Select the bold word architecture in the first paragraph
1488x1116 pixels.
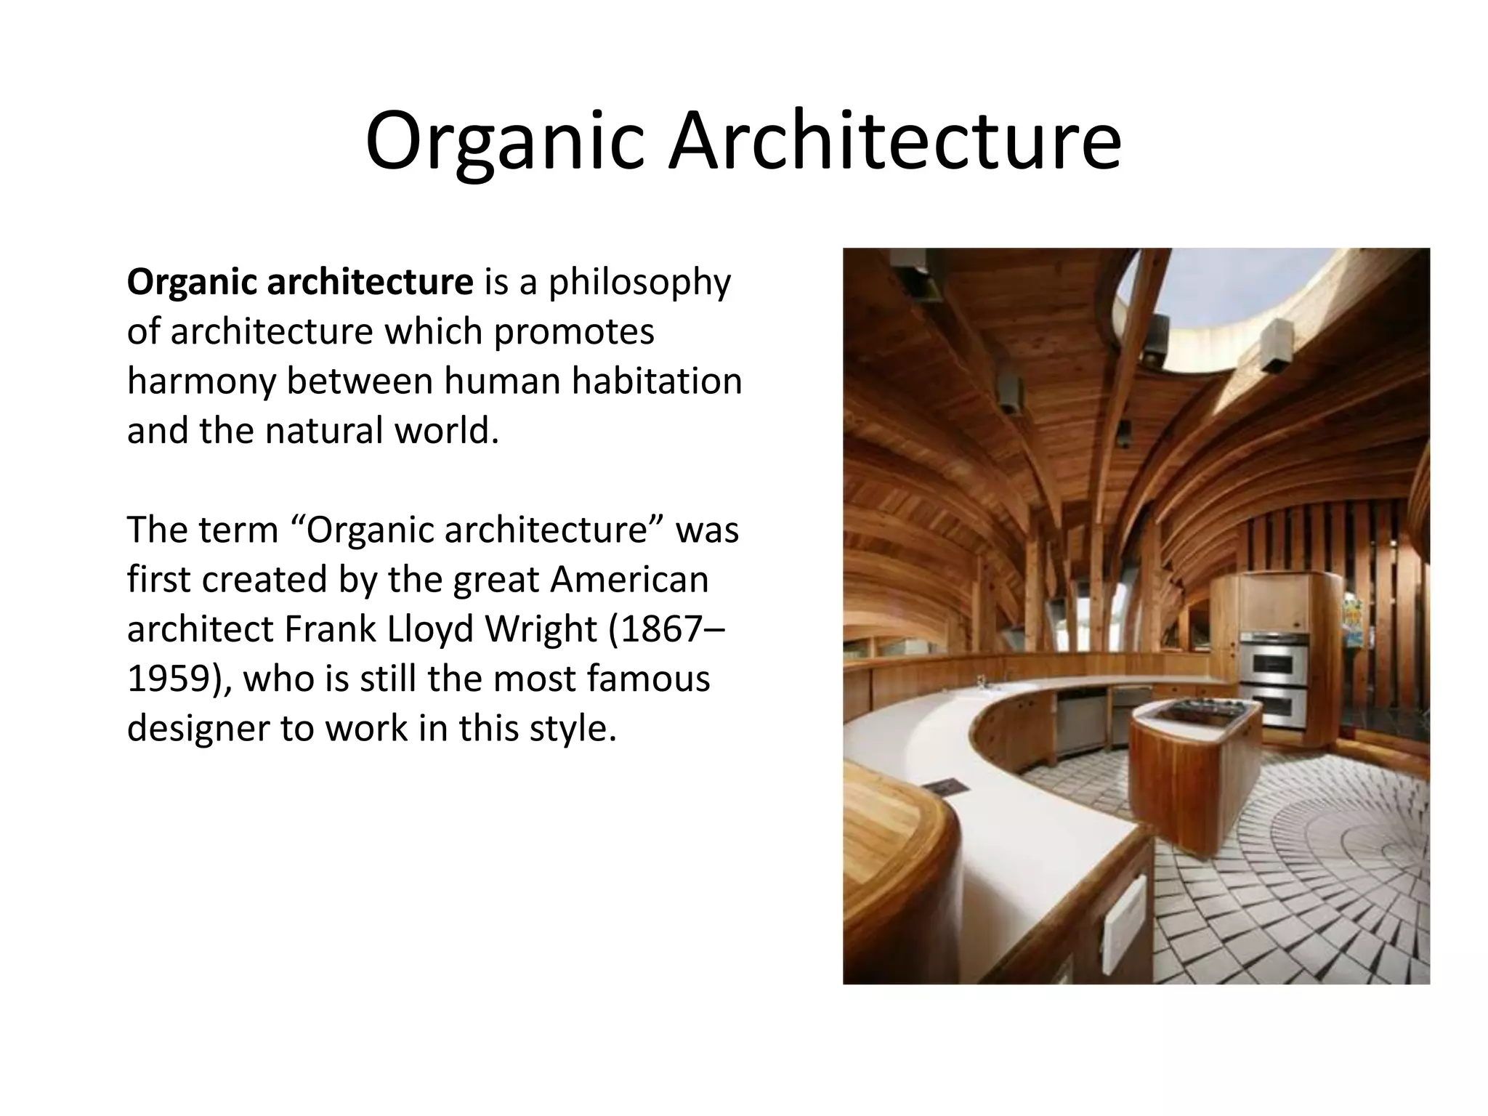[x=370, y=282]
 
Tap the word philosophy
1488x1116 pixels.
[x=639, y=283]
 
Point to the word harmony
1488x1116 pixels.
[x=199, y=382]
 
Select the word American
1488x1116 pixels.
[x=629, y=579]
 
